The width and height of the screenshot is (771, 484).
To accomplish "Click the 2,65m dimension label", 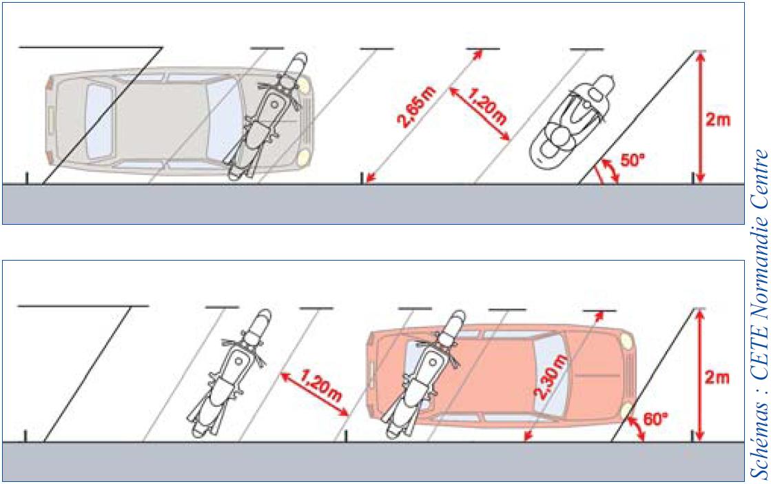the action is click(416, 108).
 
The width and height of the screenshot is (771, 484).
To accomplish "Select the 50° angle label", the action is click(633, 161).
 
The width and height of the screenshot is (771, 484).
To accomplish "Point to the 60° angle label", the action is click(656, 420).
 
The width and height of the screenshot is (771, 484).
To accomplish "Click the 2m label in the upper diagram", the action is click(718, 119).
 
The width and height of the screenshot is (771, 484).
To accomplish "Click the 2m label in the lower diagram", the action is click(717, 377).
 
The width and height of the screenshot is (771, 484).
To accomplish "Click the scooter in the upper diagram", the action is click(573, 121).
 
